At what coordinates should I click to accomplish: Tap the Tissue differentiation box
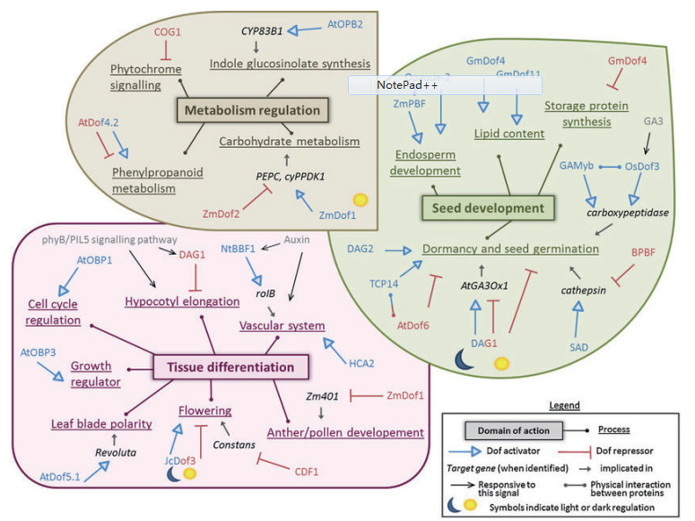click(231, 366)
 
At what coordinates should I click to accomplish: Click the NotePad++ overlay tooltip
click(445, 84)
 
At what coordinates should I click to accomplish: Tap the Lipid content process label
click(509, 134)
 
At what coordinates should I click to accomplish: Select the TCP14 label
click(385, 284)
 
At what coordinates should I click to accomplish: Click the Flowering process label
click(207, 411)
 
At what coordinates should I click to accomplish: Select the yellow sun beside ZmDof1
click(361, 198)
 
